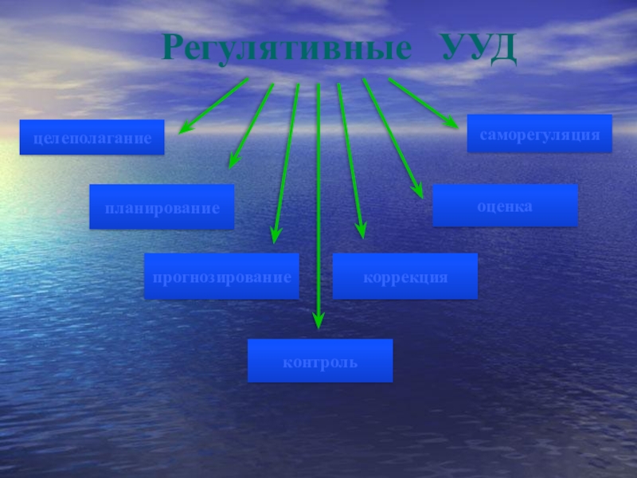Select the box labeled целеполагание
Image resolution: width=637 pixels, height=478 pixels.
(x=92, y=137)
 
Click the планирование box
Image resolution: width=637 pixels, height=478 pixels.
(x=162, y=207)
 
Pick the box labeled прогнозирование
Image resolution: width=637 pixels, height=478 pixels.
(x=221, y=276)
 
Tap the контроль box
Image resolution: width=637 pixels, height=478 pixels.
(x=320, y=360)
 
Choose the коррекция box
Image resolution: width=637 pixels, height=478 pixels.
(x=404, y=276)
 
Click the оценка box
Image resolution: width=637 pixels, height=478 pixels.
(x=505, y=206)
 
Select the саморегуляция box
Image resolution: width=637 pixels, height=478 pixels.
(x=539, y=134)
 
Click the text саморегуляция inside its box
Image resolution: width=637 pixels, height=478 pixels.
(x=539, y=135)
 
